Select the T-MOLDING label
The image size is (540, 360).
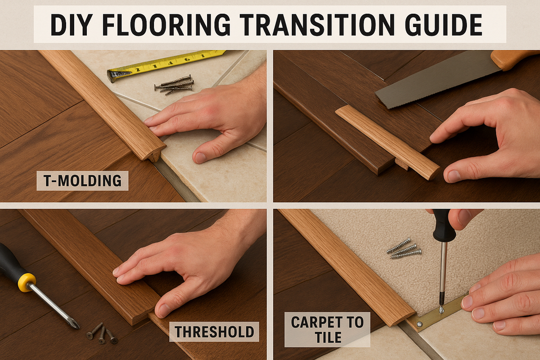pos(82,181)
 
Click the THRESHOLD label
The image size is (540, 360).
pos(214,332)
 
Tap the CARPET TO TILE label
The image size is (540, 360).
pos(327,330)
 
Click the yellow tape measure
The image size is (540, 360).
pos(165,66)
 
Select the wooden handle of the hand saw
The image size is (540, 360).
pos(515,59)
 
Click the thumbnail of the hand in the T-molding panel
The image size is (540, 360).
pos(201,157)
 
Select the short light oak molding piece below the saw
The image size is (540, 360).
pos(388,142)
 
